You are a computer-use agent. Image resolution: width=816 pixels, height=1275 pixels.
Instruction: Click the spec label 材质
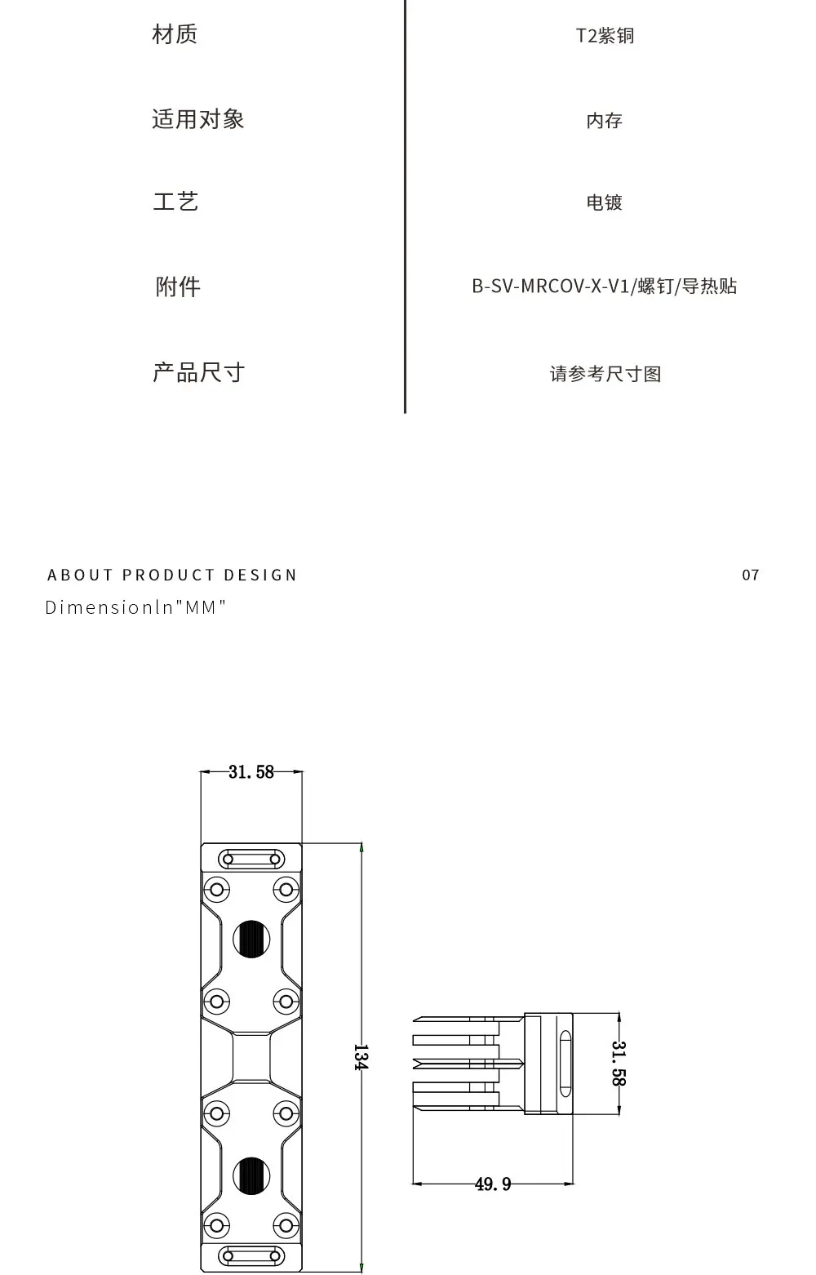point(175,34)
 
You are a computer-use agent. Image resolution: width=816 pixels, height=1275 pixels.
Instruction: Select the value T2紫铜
point(605,36)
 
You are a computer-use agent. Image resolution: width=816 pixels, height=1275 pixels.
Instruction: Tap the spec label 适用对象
point(198,119)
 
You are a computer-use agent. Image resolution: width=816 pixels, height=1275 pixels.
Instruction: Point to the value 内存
point(604,121)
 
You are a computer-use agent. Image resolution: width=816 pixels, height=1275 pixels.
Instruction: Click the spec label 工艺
point(175,202)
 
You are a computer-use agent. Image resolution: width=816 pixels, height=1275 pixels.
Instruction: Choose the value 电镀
point(604,202)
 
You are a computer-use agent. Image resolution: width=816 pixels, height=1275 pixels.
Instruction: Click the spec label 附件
point(178,287)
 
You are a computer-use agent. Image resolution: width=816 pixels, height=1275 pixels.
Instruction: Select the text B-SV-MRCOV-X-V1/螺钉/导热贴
point(604,287)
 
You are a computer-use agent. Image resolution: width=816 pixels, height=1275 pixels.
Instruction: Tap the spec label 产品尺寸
point(198,373)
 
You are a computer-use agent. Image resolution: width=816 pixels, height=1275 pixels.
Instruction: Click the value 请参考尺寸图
point(605,374)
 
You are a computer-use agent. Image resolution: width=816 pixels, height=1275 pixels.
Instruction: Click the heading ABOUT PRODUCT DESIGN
point(172,575)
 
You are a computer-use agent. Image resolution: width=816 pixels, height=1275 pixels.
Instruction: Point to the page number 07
point(750,575)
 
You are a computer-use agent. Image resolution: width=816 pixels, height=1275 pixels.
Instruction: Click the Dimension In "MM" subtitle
point(135,607)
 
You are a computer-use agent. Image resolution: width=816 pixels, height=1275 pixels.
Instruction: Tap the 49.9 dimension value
point(493,1184)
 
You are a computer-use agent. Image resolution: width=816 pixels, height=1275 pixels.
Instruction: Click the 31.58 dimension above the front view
point(251,772)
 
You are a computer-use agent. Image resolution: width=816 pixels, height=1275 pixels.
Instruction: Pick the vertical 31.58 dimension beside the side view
point(619,1063)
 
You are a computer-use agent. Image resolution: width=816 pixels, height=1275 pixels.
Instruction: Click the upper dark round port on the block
point(251,939)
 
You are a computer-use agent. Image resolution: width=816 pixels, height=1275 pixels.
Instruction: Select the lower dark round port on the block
point(251,1175)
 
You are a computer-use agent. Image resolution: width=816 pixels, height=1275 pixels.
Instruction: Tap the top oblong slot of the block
point(251,859)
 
